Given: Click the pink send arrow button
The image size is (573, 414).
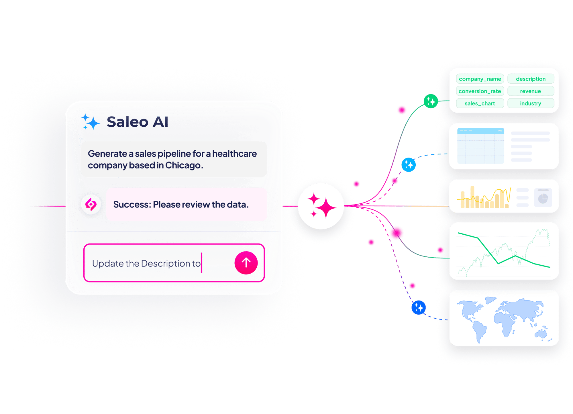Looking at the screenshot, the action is click(246, 263).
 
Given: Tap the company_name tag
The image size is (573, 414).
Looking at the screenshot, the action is click(480, 79).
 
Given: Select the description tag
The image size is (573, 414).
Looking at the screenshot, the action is click(531, 79).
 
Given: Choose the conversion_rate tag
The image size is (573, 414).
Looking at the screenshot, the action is click(480, 91).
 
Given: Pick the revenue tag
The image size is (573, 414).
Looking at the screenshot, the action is click(531, 91).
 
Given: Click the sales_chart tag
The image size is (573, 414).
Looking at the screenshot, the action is click(480, 103).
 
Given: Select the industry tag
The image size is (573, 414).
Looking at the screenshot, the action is click(531, 103).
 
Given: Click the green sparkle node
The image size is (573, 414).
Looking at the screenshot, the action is click(431, 101).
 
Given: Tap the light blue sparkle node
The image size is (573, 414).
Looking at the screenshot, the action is click(409, 165).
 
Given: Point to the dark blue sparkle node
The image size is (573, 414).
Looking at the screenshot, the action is click(419, 307).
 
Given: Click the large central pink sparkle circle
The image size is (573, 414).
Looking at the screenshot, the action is click(321, 206).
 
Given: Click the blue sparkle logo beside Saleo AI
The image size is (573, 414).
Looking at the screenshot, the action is click(91, 122).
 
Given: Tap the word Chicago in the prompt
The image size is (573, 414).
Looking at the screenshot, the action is click(184, 165).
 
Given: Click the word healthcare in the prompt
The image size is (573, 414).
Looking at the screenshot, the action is click(234, 154).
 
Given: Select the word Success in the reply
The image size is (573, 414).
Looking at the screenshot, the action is click(132, 204).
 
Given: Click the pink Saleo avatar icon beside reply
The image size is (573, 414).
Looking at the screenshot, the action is click(91, 204).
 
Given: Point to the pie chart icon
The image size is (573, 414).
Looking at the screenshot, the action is click(543, 198).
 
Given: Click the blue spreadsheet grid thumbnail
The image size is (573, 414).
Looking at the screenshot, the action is click(481, 146).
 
